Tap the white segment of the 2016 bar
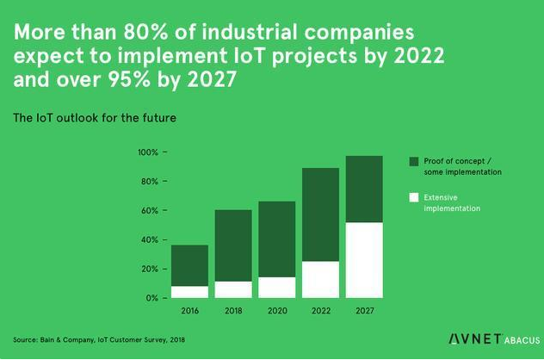(189, 292)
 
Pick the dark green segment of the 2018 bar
(233, 245)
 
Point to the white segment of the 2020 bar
(277, 288)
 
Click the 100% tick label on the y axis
(148, 152)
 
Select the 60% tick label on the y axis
(149, 210)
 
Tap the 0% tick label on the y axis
(151, 298)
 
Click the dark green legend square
(414, 161)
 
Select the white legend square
(414, 197)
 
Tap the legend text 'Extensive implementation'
(451, 203)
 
